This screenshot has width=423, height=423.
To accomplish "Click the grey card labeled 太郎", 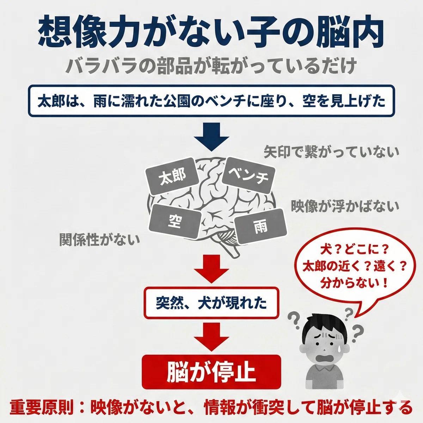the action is pyautogui.click(x=172, y=176).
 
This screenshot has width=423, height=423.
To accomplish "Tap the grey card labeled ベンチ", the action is pyautogui.click(x=249, y=175).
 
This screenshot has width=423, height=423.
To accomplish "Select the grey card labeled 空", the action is pyautogui.click(x=175, y=221).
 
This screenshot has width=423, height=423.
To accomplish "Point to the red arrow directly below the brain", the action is pyautogui.click(x=211, y=269).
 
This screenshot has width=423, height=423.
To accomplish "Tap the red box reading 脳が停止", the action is pyautogui.click(x=211, y=372).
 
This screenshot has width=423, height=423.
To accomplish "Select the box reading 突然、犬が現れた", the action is pyautogui.click(x=211, y=303).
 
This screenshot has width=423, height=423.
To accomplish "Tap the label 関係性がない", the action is pyautogui.click(x=99, y=239).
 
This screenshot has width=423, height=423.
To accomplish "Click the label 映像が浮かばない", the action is pyautogui.click(x=345, y=206).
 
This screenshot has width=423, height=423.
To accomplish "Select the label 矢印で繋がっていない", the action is pyautogui.click(x=331, y=152).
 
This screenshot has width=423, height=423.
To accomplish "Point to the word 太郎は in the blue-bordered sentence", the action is pyautogui.click(x=61, y=102).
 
